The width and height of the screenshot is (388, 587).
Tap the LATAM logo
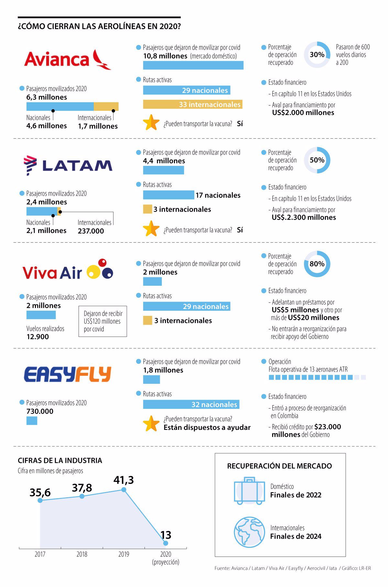[x=68, y=165]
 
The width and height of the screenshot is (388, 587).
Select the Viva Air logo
[x=68, y=270]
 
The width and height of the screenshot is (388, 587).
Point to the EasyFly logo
[x=68, y=374]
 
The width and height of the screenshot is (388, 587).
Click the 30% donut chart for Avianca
[x=317, y=55]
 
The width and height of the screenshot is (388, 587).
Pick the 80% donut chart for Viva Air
[x=317, y=264]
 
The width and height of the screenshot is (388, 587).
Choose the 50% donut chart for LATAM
[x=317, y=160]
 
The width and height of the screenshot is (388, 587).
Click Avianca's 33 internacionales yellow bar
[x=193, y=104]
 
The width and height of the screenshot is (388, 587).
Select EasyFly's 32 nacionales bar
[x=191, y=404]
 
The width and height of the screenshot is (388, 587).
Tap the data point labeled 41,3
[x=124, y=489]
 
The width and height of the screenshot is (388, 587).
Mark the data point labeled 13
[x=166, y=543]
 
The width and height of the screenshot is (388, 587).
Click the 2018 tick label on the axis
[x=82, y=554]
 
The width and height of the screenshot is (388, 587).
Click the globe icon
[x=249, y=532]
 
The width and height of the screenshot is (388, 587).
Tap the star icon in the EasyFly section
[x=151, y=423]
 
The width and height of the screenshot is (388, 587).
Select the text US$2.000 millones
[x=303, y=113]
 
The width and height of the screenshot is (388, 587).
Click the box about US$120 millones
[x=102, y=321]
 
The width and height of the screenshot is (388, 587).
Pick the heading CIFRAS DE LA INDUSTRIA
[x=60, y=460]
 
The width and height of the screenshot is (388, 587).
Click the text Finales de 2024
[x=296, y=536]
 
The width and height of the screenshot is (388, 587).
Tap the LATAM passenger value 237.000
[x=91, y=231]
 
